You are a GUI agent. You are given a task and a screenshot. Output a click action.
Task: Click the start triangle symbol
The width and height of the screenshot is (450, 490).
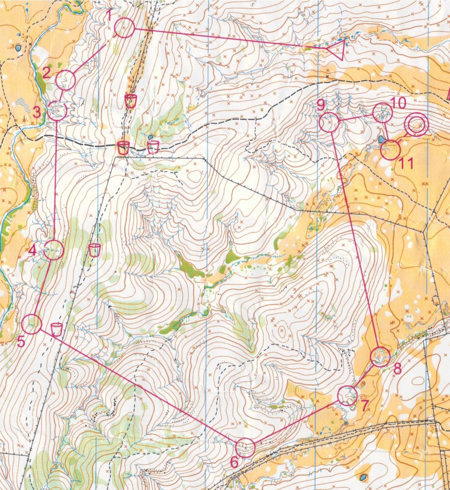[x=337, y=50]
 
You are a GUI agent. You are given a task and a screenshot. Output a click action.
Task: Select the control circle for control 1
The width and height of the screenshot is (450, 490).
[x=124, y=28]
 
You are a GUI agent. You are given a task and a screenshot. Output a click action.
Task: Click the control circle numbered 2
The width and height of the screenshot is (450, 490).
[x=66, y=80]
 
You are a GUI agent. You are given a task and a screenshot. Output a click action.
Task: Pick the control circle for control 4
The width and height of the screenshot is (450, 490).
[x=54, y=250]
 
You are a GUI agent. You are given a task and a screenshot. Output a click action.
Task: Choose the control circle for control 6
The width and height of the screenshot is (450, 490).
[x=246, y=447]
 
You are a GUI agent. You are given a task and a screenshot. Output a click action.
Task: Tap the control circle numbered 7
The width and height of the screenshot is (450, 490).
[x=347, y=396]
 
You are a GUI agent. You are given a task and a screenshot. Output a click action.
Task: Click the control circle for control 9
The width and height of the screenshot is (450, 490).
[x=329, y=122]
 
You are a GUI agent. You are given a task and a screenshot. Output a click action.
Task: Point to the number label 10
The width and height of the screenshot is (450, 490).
[x=398, y=102]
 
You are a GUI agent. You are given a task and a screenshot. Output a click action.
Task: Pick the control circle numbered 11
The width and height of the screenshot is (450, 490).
[x=390, y=150]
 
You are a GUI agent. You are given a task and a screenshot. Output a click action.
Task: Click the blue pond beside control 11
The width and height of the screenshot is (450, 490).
[x=381, y=139]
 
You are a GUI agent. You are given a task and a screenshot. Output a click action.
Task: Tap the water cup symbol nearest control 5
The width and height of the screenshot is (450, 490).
[x=56, y=329]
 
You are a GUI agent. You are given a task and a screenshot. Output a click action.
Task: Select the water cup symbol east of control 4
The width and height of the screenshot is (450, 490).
[x=95, y=249]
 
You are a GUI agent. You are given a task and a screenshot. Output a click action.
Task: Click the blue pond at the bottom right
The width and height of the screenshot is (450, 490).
[x=363, y=477]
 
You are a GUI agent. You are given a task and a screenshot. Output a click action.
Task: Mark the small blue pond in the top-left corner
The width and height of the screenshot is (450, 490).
[x=18, y=48]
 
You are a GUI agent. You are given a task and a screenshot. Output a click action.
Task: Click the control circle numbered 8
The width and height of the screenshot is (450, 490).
[x=380, y=356]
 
